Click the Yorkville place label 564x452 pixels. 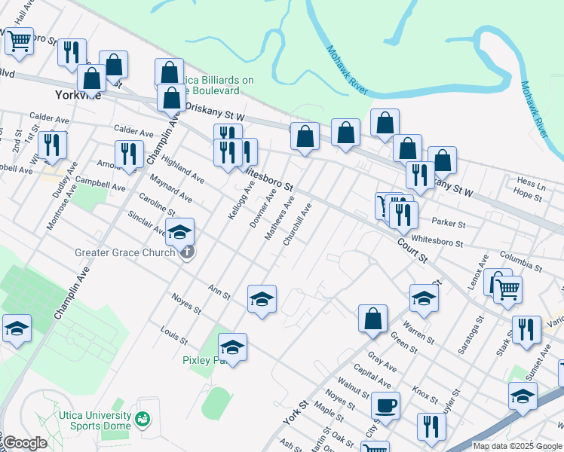click(x=78, y=96)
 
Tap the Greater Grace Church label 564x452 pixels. click(x=124, y=252)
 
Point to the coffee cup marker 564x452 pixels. click(x=387, y=405)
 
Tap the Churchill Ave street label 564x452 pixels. click(x=296, y=225)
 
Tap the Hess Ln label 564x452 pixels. click(x=532, y=182)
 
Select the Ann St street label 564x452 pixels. click(x=219, y=291)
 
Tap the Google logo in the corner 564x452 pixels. click(x=25, y=442)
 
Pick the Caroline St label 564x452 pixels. click(x=157, y=203)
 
